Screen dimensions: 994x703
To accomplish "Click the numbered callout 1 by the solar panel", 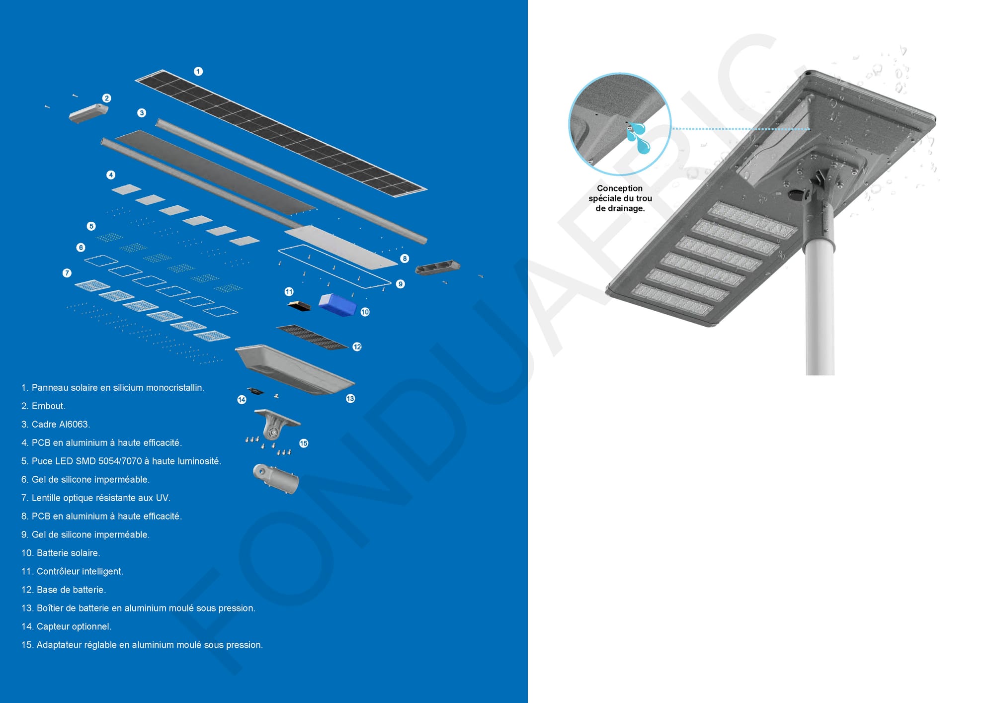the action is (x=198, y=72).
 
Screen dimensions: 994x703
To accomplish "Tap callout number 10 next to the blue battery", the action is (x=365, y=312).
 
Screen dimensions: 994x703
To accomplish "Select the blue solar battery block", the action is (x=337, y=304).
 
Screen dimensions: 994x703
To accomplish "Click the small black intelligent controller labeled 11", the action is (x=299, y=306).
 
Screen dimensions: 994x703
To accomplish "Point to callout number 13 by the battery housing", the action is (x=350, y=398).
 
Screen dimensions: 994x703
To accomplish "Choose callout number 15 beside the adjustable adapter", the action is (x=304, y=443).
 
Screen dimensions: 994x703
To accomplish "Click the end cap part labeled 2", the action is (x=88, y=113).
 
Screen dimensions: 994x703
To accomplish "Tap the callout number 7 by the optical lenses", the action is (x=67, y=273).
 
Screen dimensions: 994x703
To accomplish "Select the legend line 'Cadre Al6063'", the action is (x=56, y=425).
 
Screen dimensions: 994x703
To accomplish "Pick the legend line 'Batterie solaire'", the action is (x=61, y=553).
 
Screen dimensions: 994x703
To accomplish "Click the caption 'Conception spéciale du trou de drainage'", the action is (x=620, y=198).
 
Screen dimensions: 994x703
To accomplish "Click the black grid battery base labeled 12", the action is (x=313, y=337).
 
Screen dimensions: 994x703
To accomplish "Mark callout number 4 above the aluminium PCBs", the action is (x=111, y=175).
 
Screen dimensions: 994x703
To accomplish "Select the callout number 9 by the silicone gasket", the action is (x=401, y=284).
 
